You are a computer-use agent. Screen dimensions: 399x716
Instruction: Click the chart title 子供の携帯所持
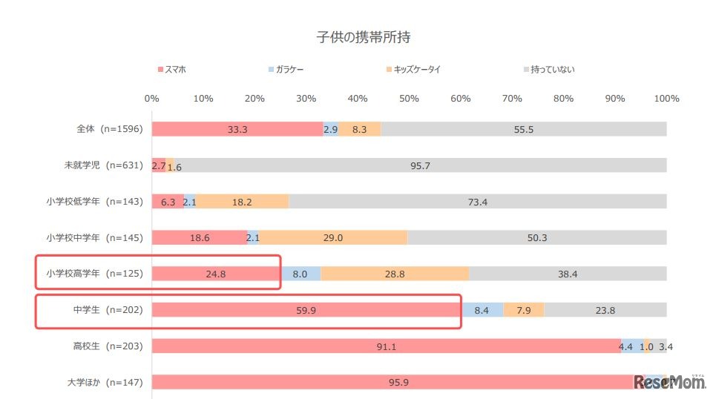[358, 36]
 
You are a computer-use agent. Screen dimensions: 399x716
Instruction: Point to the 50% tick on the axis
[409, 99]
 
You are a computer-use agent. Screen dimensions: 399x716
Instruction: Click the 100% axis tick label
[666, 99]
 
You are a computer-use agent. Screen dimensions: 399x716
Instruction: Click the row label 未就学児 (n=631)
[105, 165]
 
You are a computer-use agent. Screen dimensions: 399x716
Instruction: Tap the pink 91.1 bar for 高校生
[386, 346]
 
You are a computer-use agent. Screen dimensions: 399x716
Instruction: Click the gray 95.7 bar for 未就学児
[420, 165]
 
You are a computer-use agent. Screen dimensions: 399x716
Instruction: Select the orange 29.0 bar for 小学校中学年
[333, 237]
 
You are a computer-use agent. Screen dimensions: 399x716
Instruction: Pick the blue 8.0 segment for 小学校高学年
[300, 274]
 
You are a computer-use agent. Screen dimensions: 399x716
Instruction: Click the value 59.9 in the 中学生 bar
[306, 310]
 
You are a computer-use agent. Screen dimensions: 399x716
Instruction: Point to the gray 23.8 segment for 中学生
[605, 310]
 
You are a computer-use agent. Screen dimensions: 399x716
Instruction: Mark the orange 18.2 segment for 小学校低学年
[242, 202]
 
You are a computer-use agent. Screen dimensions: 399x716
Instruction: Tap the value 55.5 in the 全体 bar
[523, 129]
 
